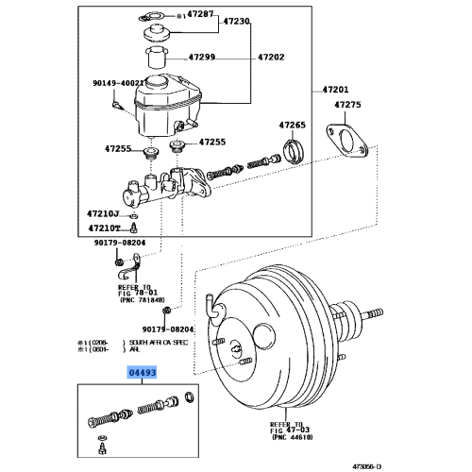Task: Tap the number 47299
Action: click(x=201, y=57)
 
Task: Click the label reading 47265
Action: click(x=293, y=125)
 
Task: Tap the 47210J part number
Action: click(x=105, y=214)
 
